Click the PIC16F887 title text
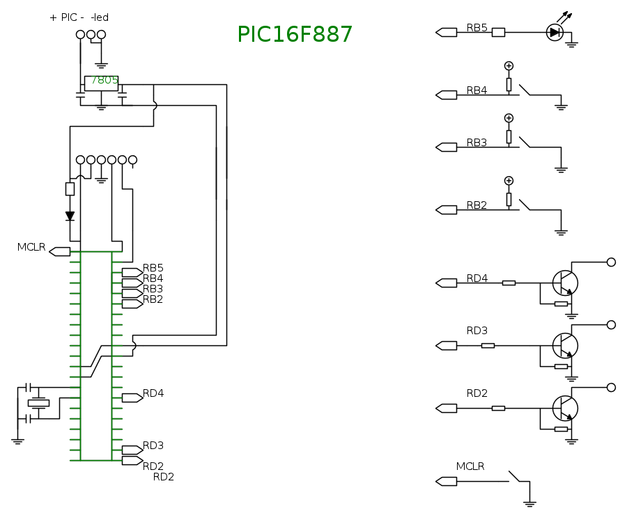click(295, 35)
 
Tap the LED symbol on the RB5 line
click(555, 32)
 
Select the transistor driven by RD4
click(565, 283)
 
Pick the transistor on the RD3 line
click(565, 345)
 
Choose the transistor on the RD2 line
click(565, 408)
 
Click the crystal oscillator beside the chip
click(39, 403)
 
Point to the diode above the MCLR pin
click(70, 216)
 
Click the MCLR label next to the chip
click(31, 247)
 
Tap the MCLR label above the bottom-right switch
click(470, 466)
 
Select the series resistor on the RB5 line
click(498, 32)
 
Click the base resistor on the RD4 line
click(509, 283)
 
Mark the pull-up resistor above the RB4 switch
click(509, 84)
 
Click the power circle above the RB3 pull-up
click(509, 118)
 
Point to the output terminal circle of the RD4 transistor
click(611, 262)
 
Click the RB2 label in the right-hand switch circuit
click(477, 205)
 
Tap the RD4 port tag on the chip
click(132, 398)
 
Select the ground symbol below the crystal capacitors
click(18, 440)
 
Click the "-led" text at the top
click(100, 17)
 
